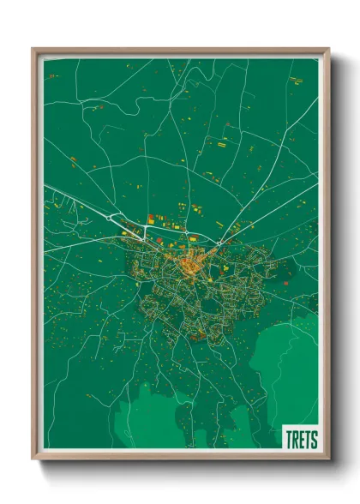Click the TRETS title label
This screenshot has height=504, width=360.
299,440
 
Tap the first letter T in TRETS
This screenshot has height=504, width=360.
287,440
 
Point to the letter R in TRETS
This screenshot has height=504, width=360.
293,440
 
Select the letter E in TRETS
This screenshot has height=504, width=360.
299,440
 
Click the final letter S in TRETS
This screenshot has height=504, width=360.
312,440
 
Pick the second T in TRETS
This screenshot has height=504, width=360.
305,440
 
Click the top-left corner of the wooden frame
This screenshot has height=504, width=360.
33,50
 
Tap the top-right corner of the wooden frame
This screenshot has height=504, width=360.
328,50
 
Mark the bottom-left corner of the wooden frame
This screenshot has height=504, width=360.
33,460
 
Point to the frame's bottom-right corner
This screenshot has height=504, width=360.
328,460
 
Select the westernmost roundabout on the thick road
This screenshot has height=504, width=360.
110,217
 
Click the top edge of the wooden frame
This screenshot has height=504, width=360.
180,50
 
